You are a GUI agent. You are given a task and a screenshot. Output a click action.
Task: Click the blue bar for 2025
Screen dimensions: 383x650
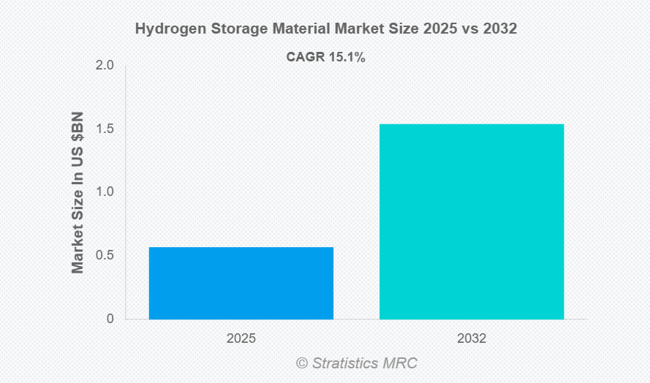pyautogui.click(x=241, y=283)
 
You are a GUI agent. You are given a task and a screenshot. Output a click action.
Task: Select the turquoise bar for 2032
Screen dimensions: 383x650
pyautogui.click(x=472, y=221)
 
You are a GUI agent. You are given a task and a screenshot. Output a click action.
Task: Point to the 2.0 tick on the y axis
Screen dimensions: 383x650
pyautogui.click(x=105, y=66)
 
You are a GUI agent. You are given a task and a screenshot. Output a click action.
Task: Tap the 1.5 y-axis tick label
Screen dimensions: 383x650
pyautogui.click(x=105, y=129)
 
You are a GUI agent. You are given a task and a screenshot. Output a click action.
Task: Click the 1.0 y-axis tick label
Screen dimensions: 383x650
pyautogui.click(x=105, y=192)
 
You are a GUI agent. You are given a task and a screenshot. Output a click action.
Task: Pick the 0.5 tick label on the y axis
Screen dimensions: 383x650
pyautogui.click(x=105, y=256)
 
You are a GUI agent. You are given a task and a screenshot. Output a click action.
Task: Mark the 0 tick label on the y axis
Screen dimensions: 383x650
pyautogui.click(x=110, y=319)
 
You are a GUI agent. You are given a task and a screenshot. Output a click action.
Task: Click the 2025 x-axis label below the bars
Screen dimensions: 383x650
pyautogui.click(x=241, y=339)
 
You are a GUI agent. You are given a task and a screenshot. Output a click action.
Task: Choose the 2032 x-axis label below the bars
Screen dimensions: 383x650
pyautogui.click(x=472, y=339)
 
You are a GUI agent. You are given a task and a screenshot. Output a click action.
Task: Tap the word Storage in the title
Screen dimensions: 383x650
pyautogui.click(x=235, y=30)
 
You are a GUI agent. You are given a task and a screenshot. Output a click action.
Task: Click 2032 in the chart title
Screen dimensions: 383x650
pyautogui.click(x=499, y=30)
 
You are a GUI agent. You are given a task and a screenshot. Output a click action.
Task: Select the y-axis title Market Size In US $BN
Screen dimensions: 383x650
pyautogui.click(x=78, y=193)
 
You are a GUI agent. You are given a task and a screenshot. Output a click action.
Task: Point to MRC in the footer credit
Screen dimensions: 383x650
pyautogui.click(x=401, y=363)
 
